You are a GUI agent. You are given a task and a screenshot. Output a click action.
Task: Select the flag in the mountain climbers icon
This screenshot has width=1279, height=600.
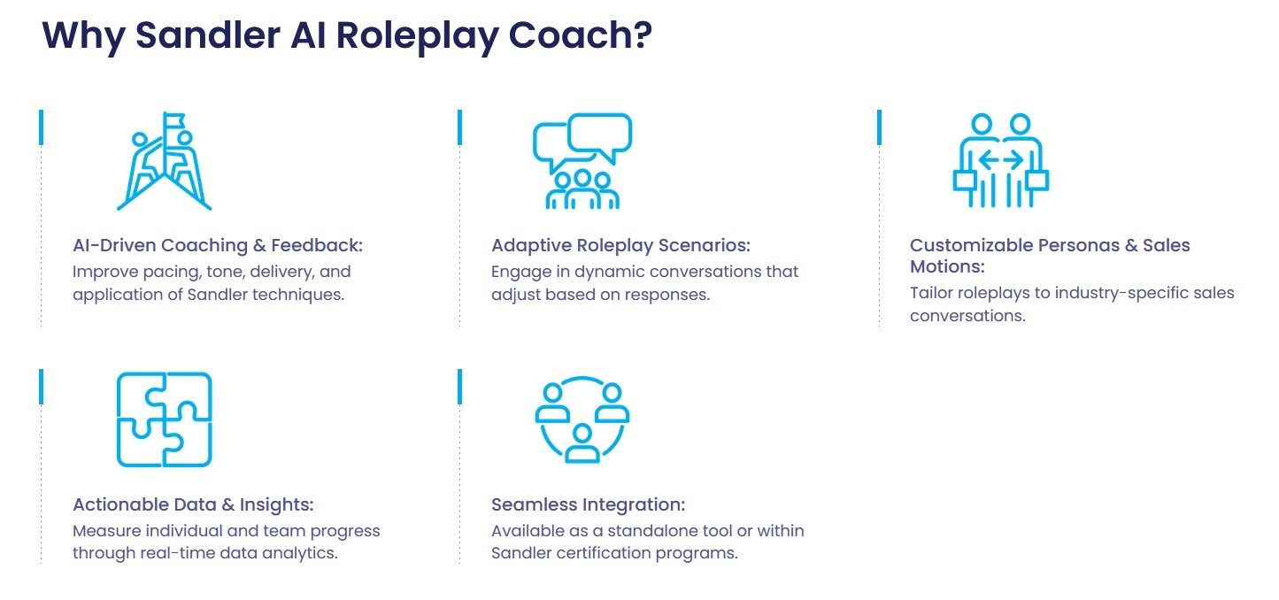pyautogui.click(x=174, y=120)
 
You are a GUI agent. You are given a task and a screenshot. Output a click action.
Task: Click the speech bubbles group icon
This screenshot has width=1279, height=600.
pyautogui.click(x=582, y=160)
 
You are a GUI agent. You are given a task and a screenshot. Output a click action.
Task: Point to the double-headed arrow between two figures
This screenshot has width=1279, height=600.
pyautogui.click(x=1001, y=159)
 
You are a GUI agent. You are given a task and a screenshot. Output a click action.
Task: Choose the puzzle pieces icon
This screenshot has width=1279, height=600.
pyautogui.click(x=165, y=419)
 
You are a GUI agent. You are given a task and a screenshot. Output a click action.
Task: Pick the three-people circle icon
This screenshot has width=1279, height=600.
pyautogui.click(x=582, y=419)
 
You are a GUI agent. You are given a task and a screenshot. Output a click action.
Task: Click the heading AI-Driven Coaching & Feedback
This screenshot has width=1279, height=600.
pyautogui.click(x=218, y=245)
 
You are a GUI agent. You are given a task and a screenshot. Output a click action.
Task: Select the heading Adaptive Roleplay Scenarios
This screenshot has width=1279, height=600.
pyautogui.click(x=620, y=245)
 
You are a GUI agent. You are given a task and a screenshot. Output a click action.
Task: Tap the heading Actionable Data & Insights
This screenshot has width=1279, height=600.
pyautogui.click(x=193, y=504)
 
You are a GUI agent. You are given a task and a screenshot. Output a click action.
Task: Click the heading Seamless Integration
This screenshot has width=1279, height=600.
pyautogui.click(x=588, y=504)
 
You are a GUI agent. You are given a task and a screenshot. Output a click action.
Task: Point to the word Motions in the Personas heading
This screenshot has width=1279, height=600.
pyautogui.click(x=946, y=266)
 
